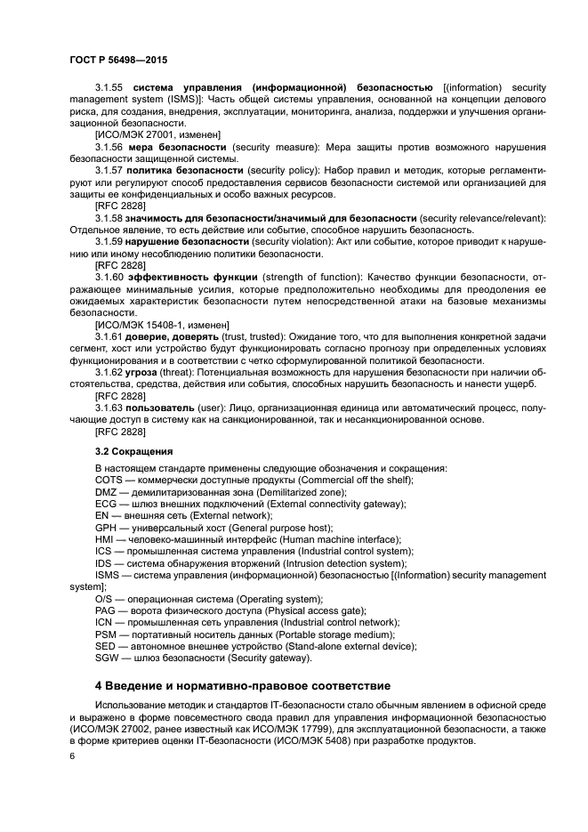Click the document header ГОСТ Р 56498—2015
pyautogui.click(x=118, y=60)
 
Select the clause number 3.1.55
pyautogui.click(x=109, y=88)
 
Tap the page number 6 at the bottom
pyautogui.click(x=72, y=755)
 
